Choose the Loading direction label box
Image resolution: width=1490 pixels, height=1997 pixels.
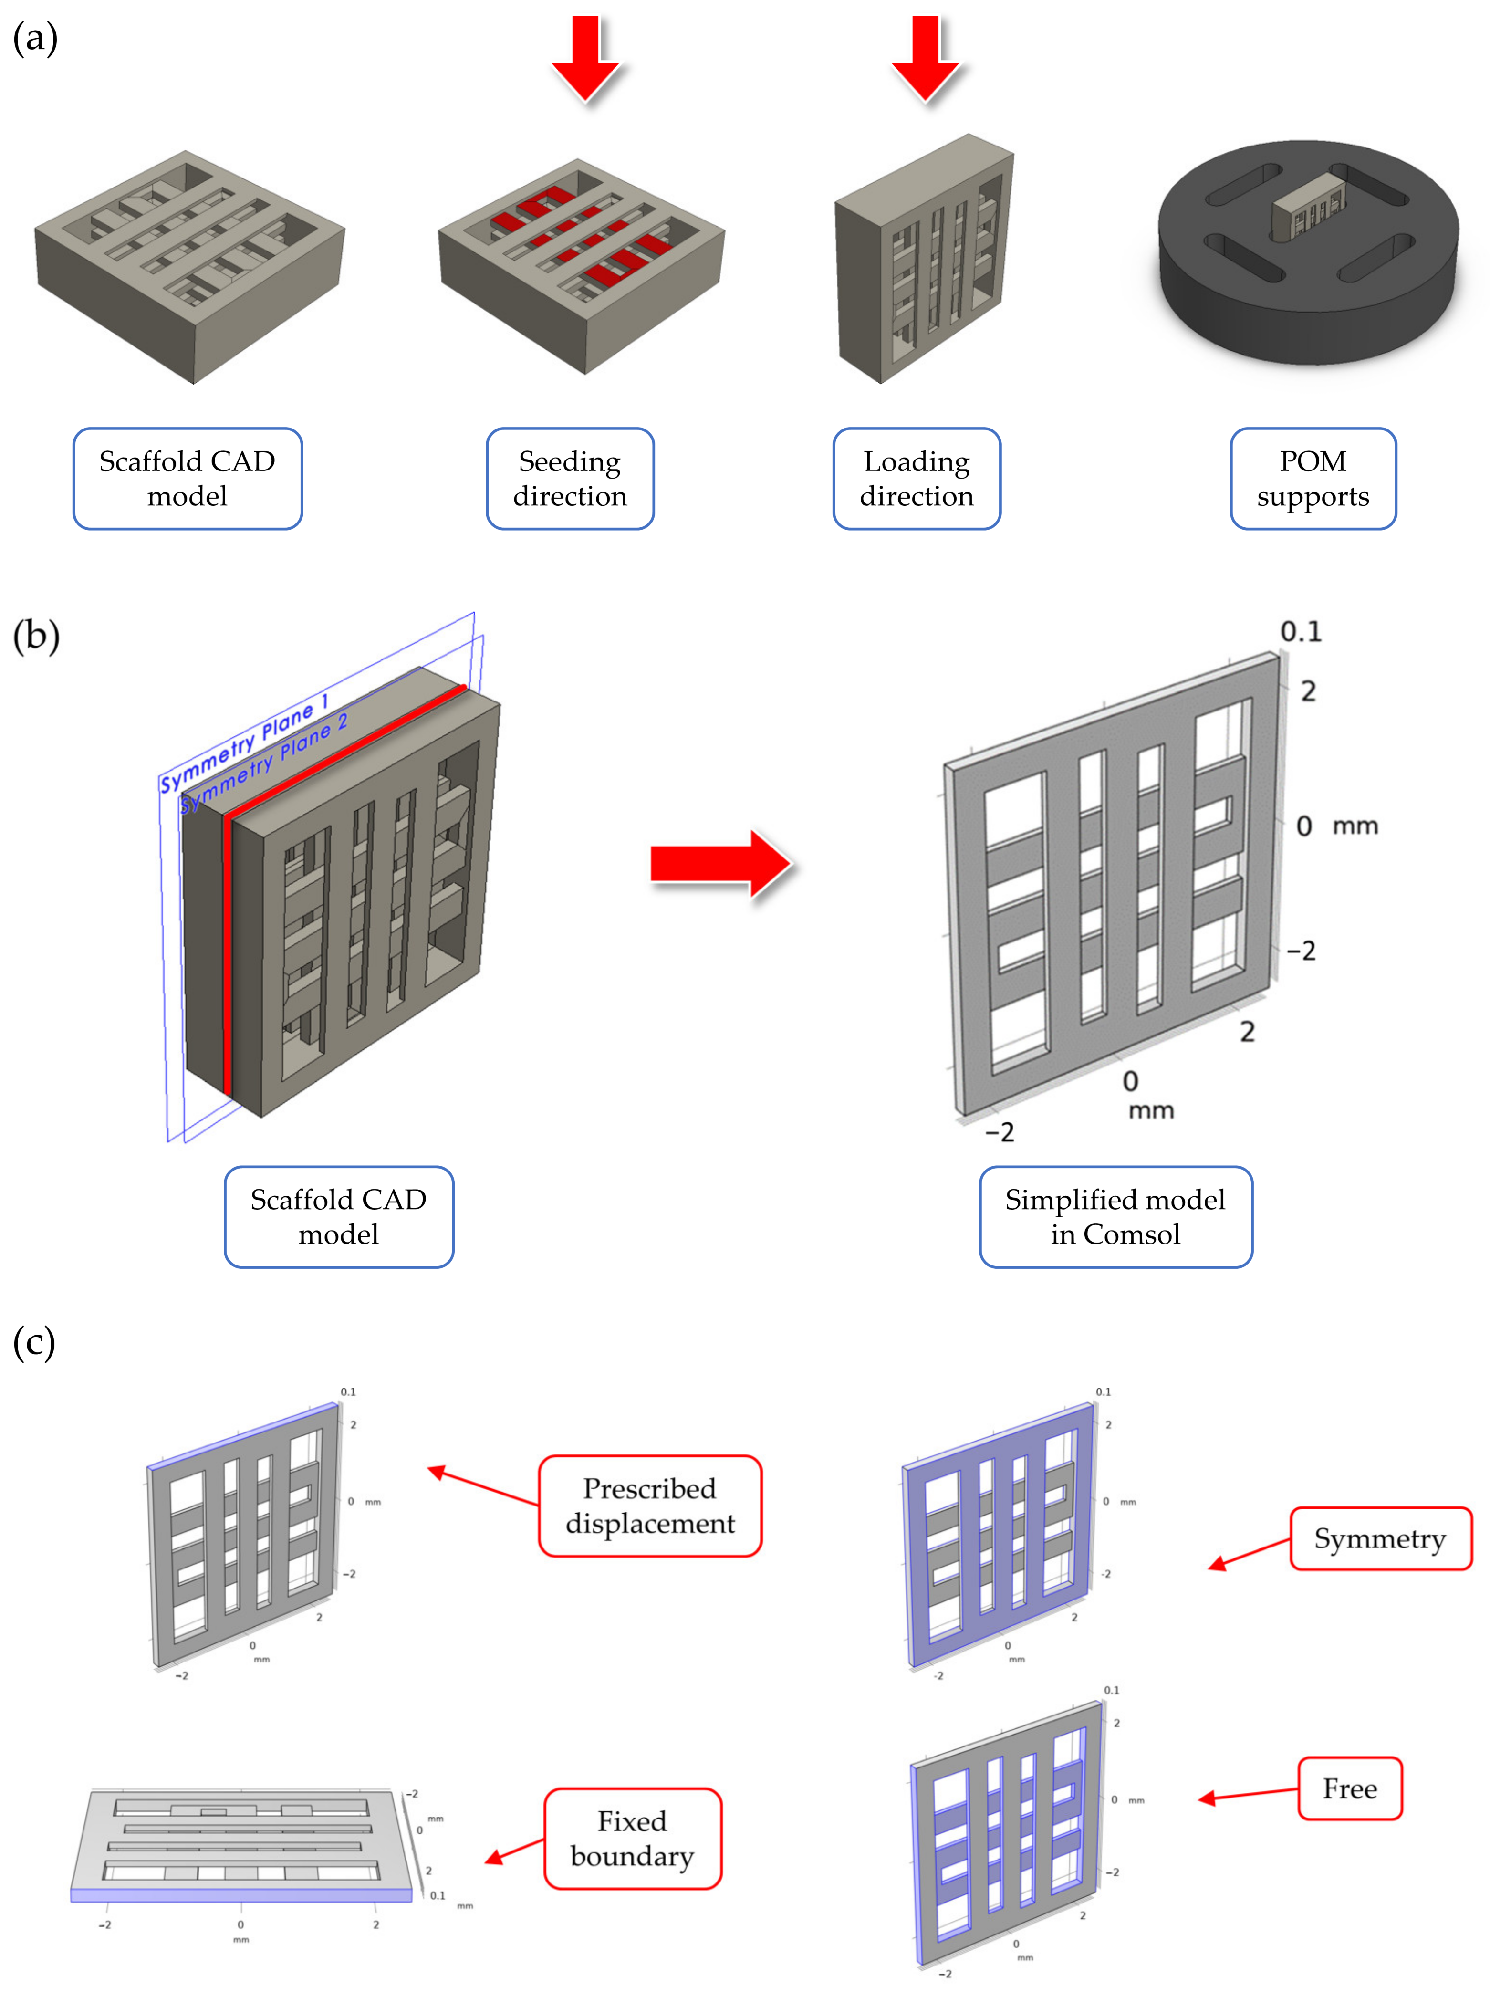coord(917,479)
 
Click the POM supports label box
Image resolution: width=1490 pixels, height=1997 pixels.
coord(1313,479)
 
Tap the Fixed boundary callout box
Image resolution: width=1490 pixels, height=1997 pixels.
coord(632,1838)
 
